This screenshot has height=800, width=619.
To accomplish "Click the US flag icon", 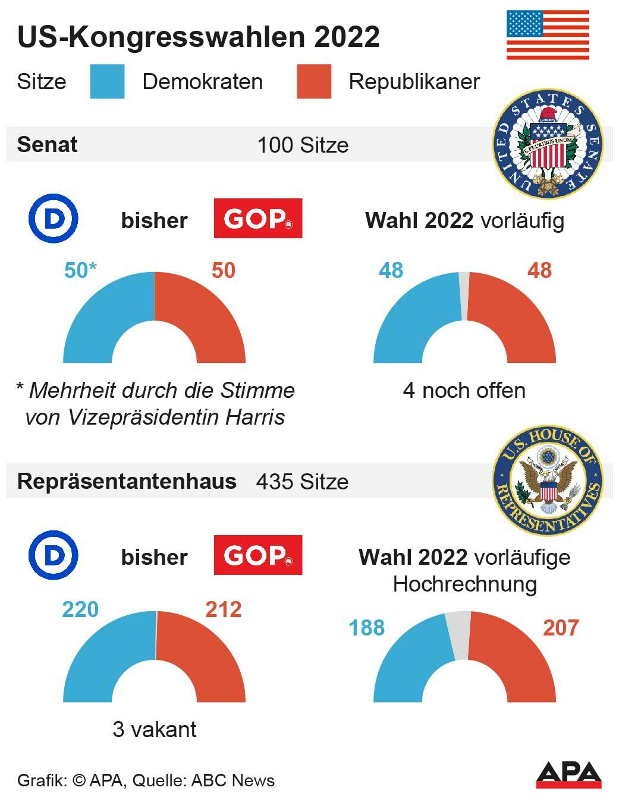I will coord(548,34).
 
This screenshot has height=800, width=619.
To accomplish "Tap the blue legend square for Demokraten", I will coord(107,81).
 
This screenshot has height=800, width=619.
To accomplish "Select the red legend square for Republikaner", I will coord(314,81).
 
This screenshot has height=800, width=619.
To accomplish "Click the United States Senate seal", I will coord(548,144).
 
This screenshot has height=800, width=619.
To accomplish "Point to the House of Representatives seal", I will coord(548,480).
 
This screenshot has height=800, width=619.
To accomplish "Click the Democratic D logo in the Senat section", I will coord(54,220).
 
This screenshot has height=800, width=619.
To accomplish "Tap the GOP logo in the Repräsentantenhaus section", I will coord(258,555).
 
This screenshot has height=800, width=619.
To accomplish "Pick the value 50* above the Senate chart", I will coord(80,270).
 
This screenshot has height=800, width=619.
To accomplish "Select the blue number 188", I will coord(366,628).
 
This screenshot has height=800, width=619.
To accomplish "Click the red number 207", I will coord(561,628).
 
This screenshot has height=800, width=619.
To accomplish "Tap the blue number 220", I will coord(80,609).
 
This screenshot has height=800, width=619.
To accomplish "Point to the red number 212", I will coord(224,609).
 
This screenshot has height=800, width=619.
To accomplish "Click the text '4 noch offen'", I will coord(464,391).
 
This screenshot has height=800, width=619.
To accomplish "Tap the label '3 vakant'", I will coord(154,729).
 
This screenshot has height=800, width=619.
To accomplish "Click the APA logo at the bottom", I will coord(568,774).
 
